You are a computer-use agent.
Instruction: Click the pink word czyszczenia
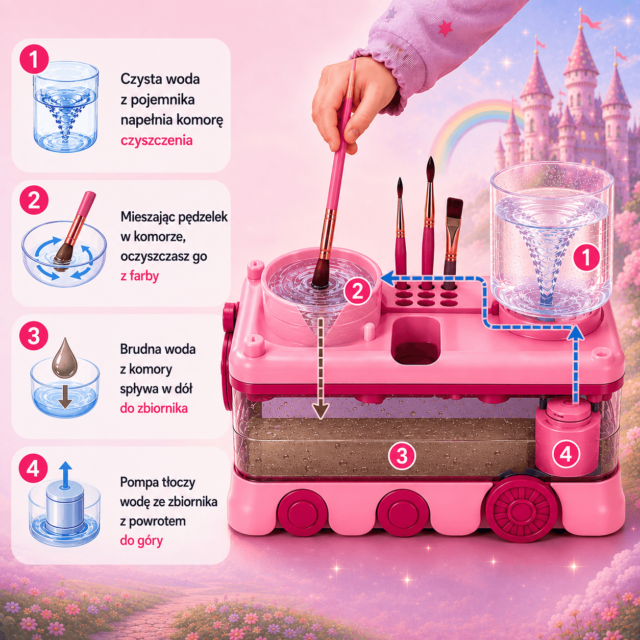pos(157,141)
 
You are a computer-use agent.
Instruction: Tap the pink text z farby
pos(139,276)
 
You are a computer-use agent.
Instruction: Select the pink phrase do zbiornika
pos(154,408)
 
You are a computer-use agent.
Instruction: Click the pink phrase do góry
pos(141,540)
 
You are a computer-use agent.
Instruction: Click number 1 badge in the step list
pos(34,59)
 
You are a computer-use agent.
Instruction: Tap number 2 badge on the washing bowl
pos(357,291)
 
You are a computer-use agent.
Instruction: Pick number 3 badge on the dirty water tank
pos(402,456)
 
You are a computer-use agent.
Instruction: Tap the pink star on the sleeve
pos(445,29)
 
